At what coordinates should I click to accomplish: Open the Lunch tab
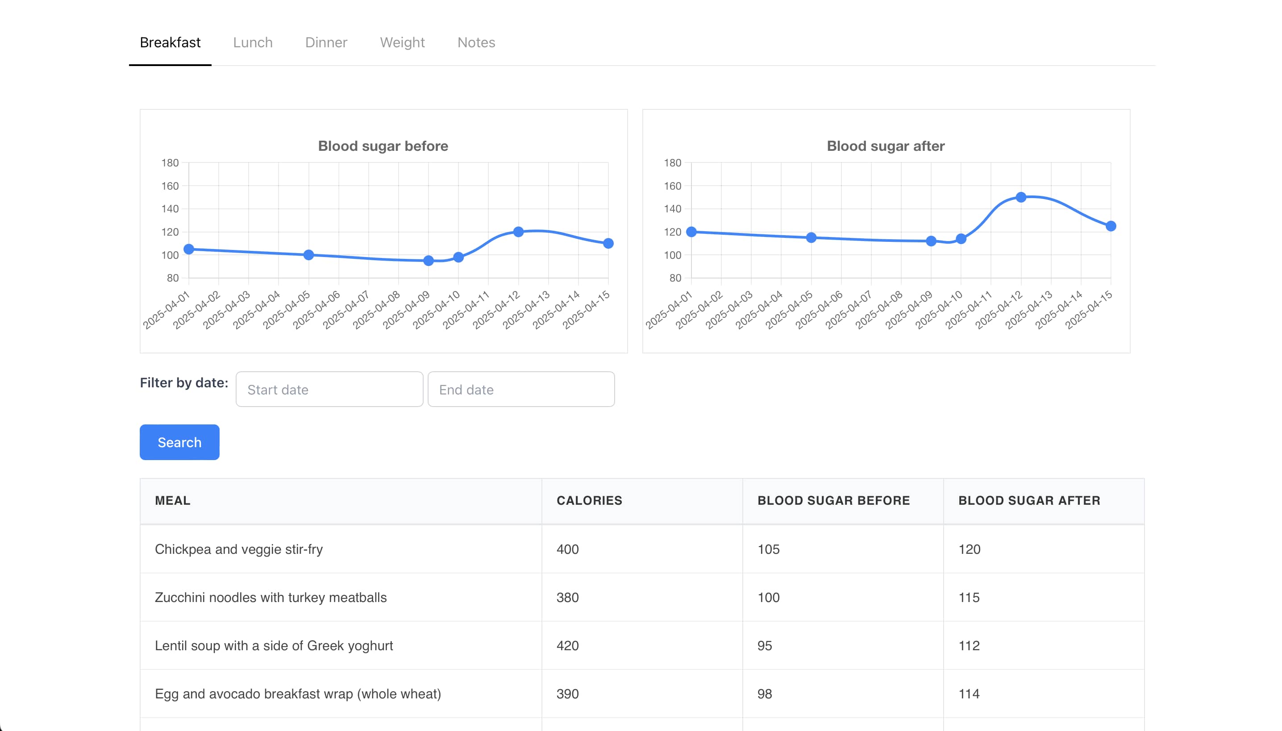pos(253,43)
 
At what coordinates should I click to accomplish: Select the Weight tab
pos(402,43)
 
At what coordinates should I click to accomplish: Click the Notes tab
pos(475,43)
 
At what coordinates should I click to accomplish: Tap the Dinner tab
pos(326,43)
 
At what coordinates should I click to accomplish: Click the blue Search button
pos(179,442)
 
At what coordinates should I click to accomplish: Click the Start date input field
pos(329,390)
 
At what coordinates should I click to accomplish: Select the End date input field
pos(521,390)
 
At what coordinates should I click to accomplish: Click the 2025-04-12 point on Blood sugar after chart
pos(1020,197)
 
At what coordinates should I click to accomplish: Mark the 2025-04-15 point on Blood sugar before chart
pos(608,244)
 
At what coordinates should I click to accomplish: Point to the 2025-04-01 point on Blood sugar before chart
pos(189,249)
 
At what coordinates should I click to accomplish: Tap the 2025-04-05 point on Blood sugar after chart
pos(811,238)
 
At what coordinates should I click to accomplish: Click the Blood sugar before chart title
pos(383,146)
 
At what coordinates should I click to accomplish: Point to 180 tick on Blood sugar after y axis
pos(672,162)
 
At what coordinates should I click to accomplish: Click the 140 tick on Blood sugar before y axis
pos(170,209)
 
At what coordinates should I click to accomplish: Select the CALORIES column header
pos(589,501)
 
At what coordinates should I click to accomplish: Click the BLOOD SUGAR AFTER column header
pos(1028,501)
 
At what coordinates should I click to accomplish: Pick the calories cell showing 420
pos(567,646)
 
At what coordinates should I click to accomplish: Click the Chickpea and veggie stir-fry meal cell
pos(238,549)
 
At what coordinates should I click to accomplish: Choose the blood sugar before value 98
pos(764,694)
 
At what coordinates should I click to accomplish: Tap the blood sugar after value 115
pos(969,598)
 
